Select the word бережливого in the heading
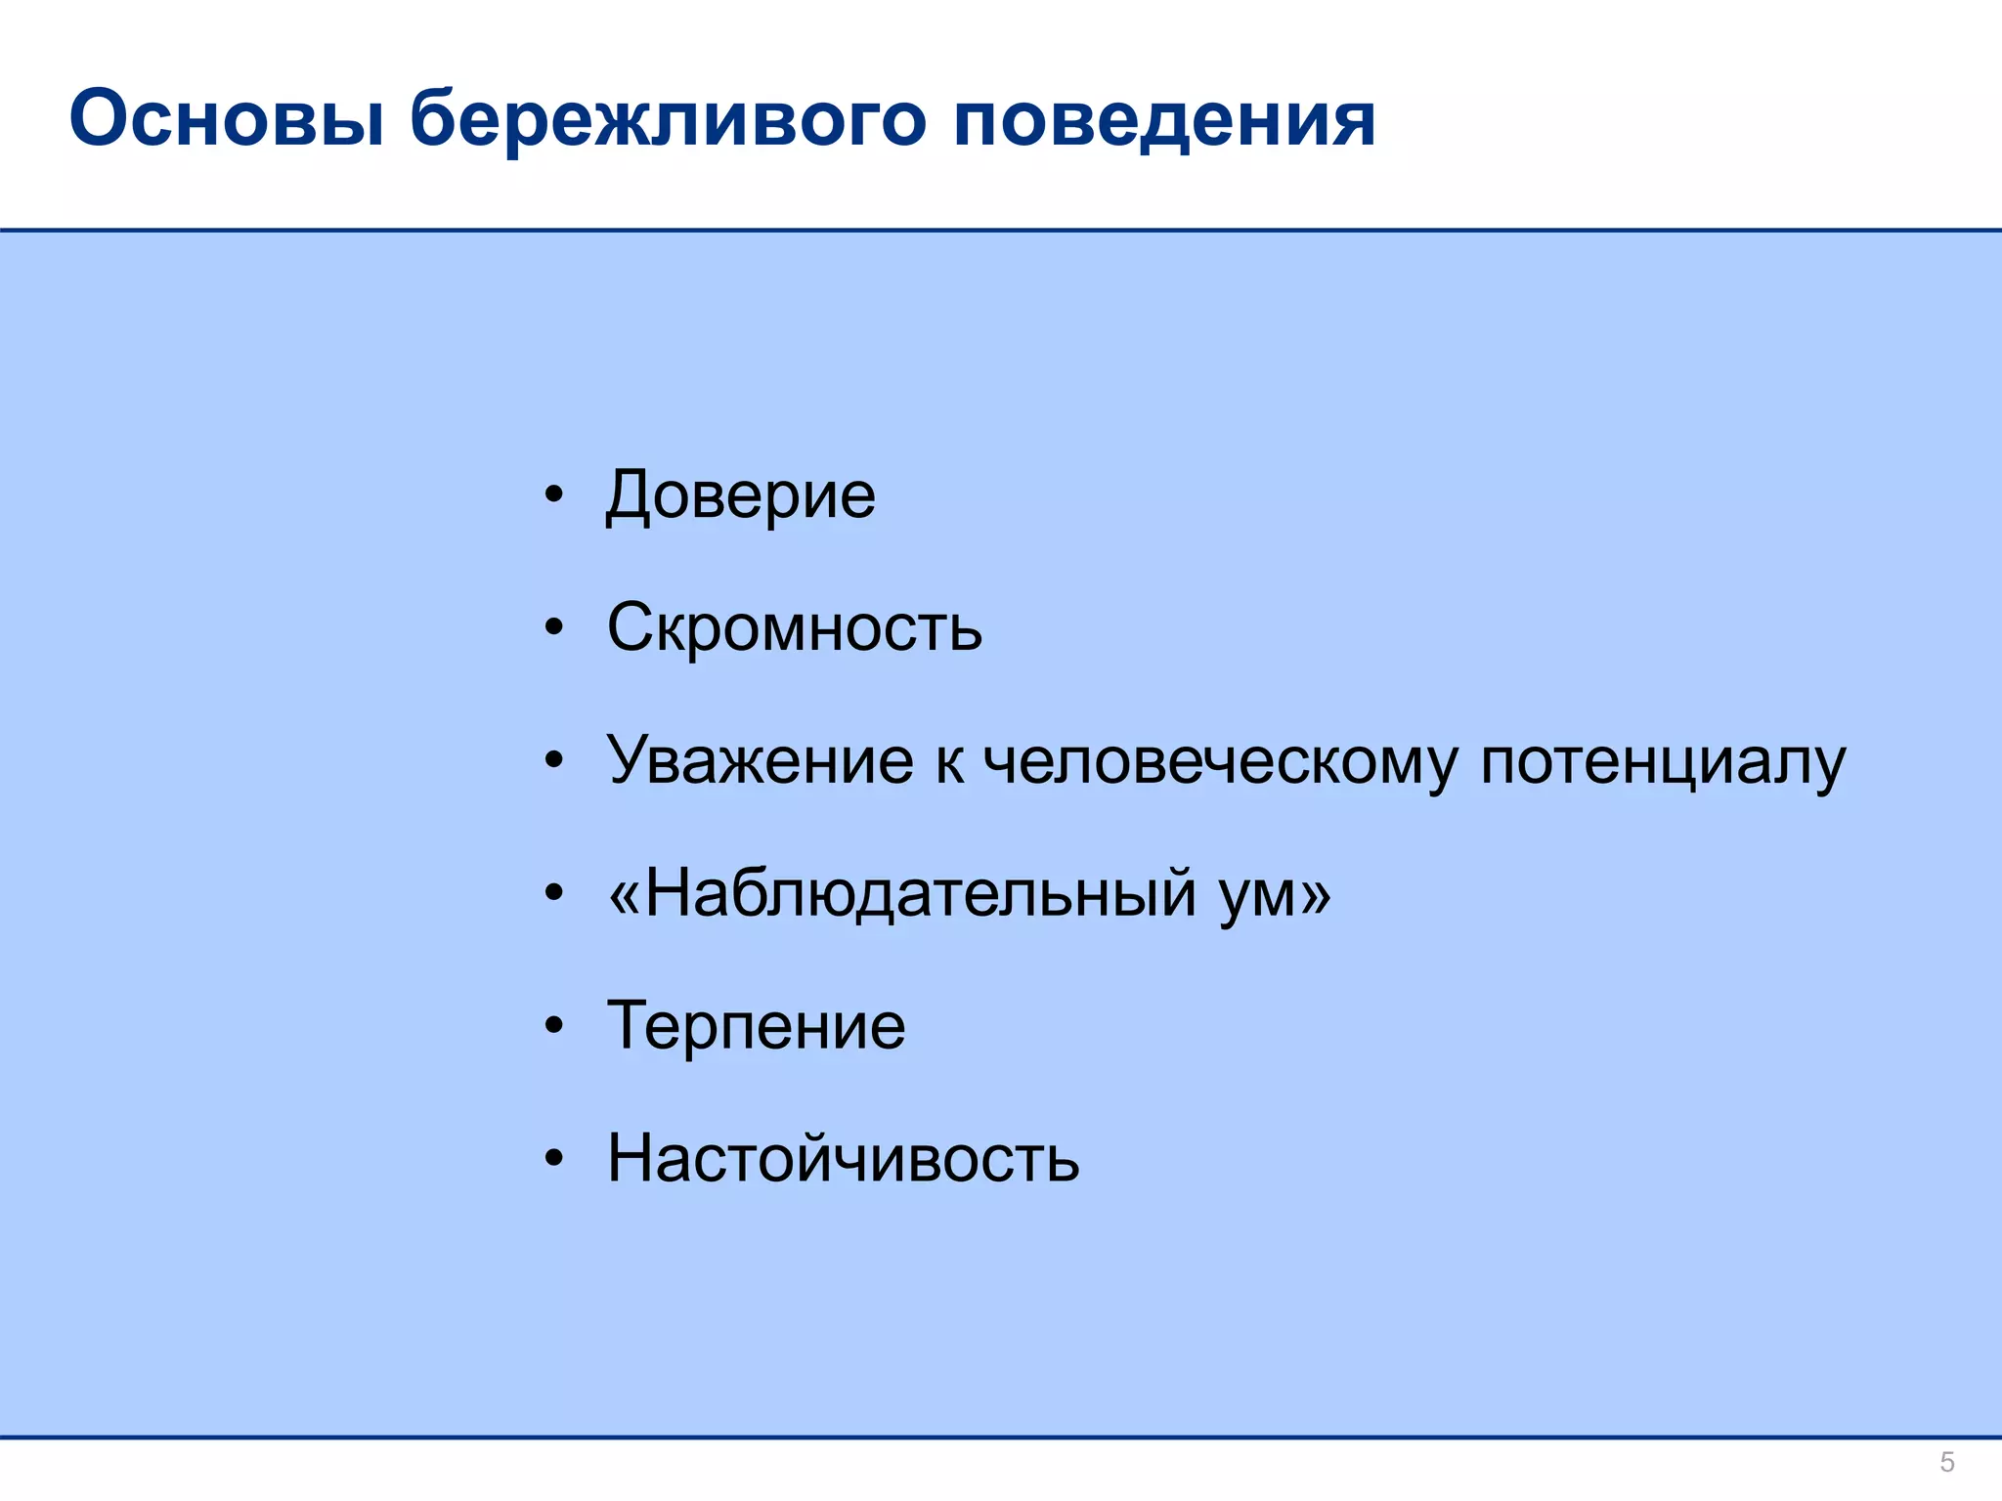[667, 119]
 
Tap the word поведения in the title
[1163, 119]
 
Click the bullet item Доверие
[740, 495]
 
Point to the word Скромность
[794, 627]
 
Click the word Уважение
[760, 760]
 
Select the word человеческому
[1220, 760]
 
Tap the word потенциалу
[1662, 760]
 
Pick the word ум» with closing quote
[1275, 893]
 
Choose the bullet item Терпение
[756, 1026]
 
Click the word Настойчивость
[843, 1159]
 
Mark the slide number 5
[1946, 1463]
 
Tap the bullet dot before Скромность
[554, 627]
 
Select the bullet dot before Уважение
[554, 760]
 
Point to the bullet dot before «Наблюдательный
[554, 893]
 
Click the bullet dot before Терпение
[554, 1026]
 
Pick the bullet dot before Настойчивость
[554, 1159]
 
